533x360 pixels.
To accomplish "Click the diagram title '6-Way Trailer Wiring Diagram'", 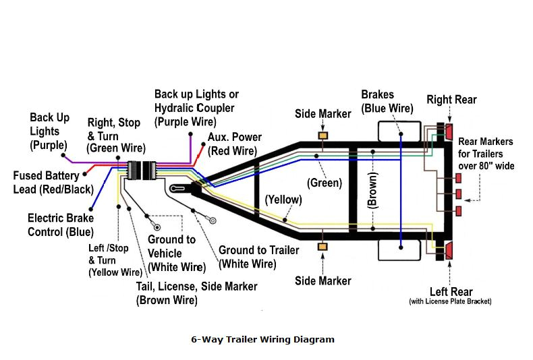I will (x=262, y=340).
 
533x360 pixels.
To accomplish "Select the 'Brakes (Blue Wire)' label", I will (x=387, y=101).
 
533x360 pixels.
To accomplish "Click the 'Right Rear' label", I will (x=451, y=100).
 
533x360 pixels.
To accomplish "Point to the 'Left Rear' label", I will (x=451, y=292).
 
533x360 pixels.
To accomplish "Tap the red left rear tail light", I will (x=449, y=251).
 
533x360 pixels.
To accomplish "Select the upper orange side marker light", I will (x=322, y=136).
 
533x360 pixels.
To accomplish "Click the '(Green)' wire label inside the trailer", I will (x=325, y=183).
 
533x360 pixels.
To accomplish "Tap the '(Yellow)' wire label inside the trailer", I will (x=283, y=200).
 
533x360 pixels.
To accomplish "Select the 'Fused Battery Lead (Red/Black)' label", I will (x=53, y=183).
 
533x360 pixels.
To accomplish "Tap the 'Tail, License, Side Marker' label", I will (x=196, y=293).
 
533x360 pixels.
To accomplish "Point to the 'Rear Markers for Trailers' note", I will (x=485, y=152).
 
